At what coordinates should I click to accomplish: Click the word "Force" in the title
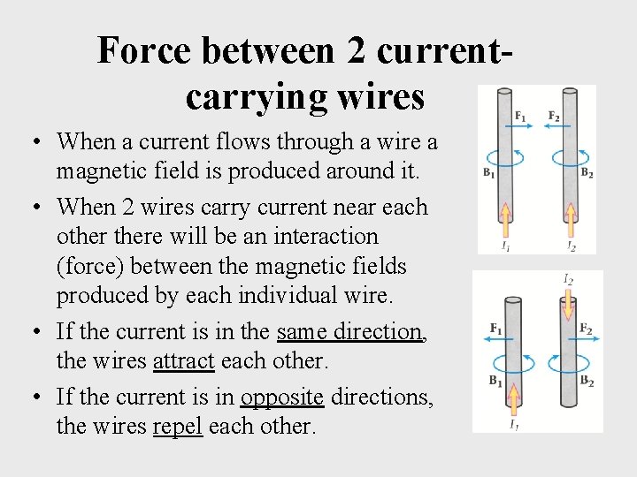(x=144, y=50)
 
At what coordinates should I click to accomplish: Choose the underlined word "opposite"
(x=281, y=397)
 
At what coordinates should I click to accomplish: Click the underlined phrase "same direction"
(x=349, y=331)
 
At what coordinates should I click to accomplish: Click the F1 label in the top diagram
(x=520, y=117)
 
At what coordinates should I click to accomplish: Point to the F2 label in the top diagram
(x=554, y=117)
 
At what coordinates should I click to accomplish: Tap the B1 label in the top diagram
(x=488, y=174)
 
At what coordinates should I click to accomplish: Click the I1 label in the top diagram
(x=505, y=246)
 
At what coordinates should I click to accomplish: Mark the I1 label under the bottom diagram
(x=513, y=425)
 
